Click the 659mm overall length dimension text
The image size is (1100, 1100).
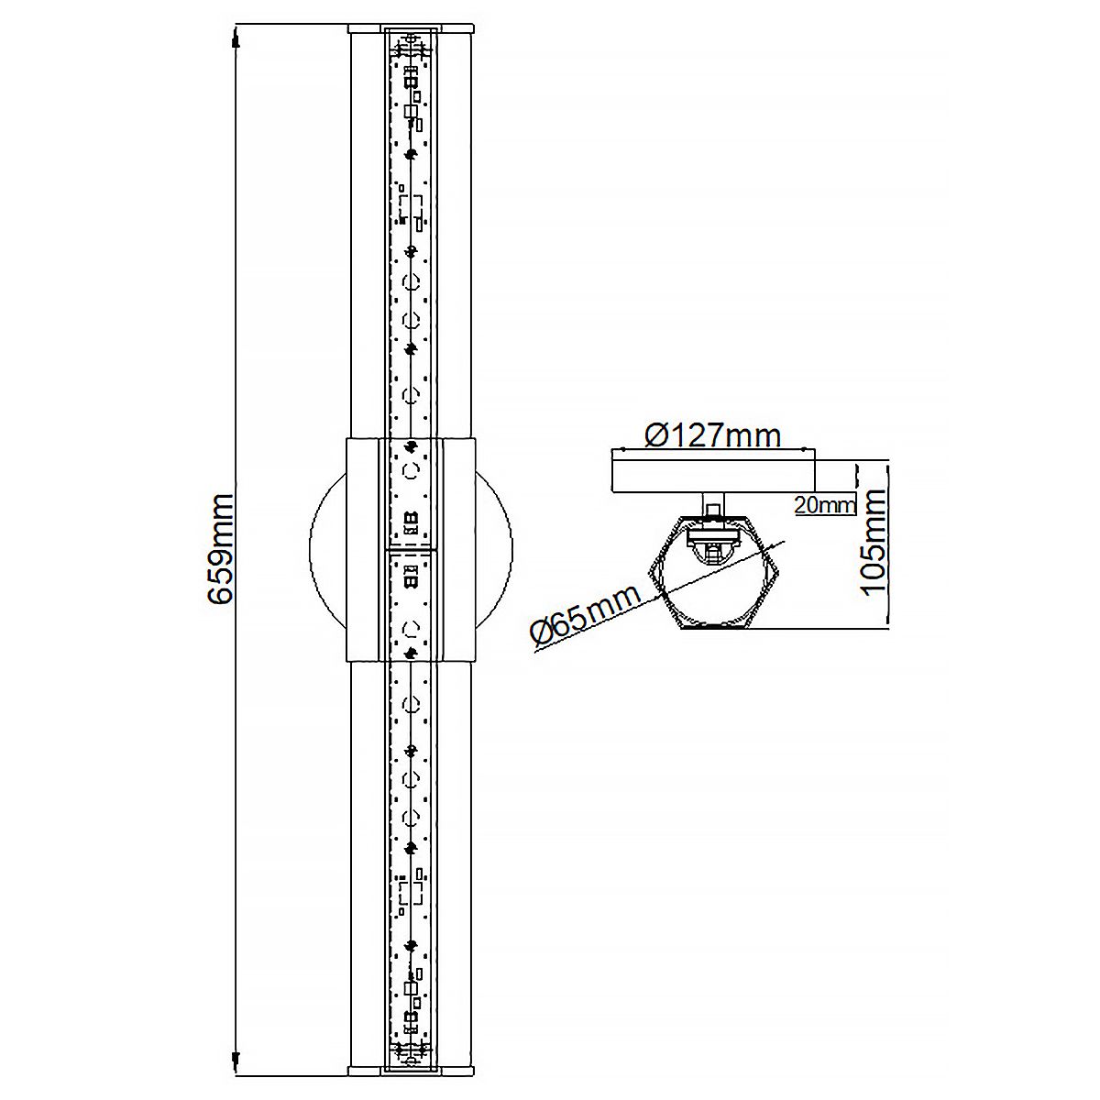coord(220,549)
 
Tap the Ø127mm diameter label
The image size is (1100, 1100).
coord(712,434)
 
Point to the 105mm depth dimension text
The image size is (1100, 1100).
coord(874,542)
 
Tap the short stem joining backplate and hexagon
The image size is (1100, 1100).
coord(713,504)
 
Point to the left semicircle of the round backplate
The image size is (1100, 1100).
coord(326,548)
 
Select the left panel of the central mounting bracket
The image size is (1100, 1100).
coord(363,548)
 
